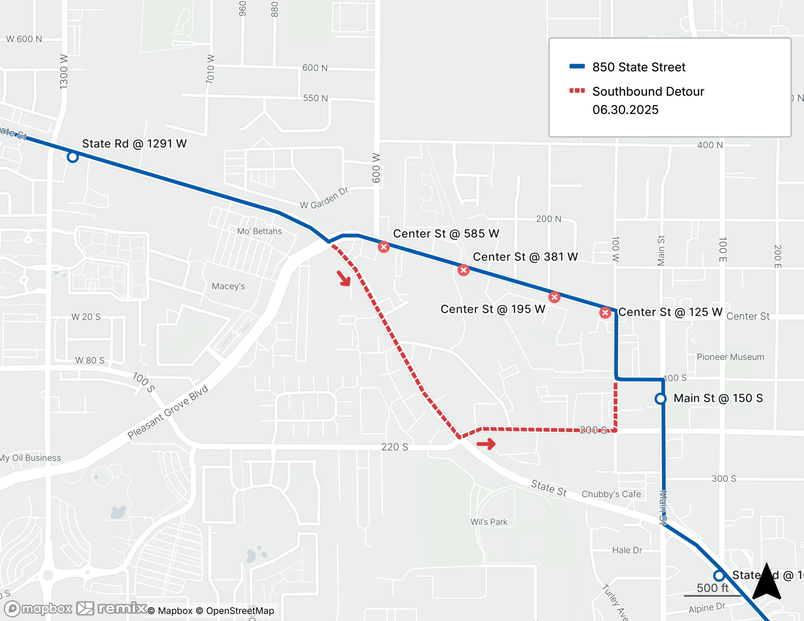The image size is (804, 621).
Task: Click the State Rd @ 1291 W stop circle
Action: point(73,157)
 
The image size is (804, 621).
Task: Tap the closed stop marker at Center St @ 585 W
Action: point(384,247)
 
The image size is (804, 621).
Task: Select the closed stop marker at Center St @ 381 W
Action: point(464,270)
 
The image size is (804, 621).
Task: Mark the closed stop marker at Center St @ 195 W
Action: point(554,297)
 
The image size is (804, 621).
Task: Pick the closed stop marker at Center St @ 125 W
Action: point(605,312)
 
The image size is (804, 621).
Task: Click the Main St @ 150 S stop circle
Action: point(660,399)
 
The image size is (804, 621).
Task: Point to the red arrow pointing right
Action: point(486,444)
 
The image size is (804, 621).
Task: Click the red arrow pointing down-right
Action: point(344,278)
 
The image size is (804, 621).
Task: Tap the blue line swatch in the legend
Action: point(577,67)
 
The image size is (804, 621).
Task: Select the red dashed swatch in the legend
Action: point(577,91)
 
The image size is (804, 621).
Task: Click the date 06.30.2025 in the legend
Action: point(625,110)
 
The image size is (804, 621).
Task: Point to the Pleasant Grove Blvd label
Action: point(168,412)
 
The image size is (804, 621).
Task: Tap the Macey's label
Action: point(228,286)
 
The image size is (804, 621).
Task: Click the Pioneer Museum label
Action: point(730,357)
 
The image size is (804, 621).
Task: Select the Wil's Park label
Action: point(489,522)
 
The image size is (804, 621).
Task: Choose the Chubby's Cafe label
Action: point(611,494)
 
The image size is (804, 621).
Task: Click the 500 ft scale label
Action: point(712,588)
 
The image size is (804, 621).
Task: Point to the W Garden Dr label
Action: point(324,198)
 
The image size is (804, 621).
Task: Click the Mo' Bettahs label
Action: point(259,231)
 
